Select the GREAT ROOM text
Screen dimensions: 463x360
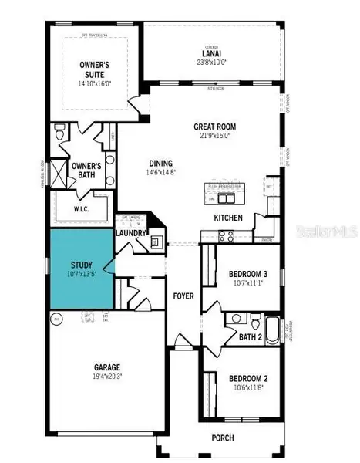point(215,127)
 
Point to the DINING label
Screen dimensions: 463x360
point(162,163)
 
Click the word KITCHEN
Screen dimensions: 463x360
point(228,218)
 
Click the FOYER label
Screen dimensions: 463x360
point(183,296)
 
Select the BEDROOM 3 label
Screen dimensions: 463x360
point(248,273)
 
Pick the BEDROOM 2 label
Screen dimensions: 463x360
point(248,378)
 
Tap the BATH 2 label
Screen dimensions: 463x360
point(250,337)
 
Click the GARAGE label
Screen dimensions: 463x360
point(107,368)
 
